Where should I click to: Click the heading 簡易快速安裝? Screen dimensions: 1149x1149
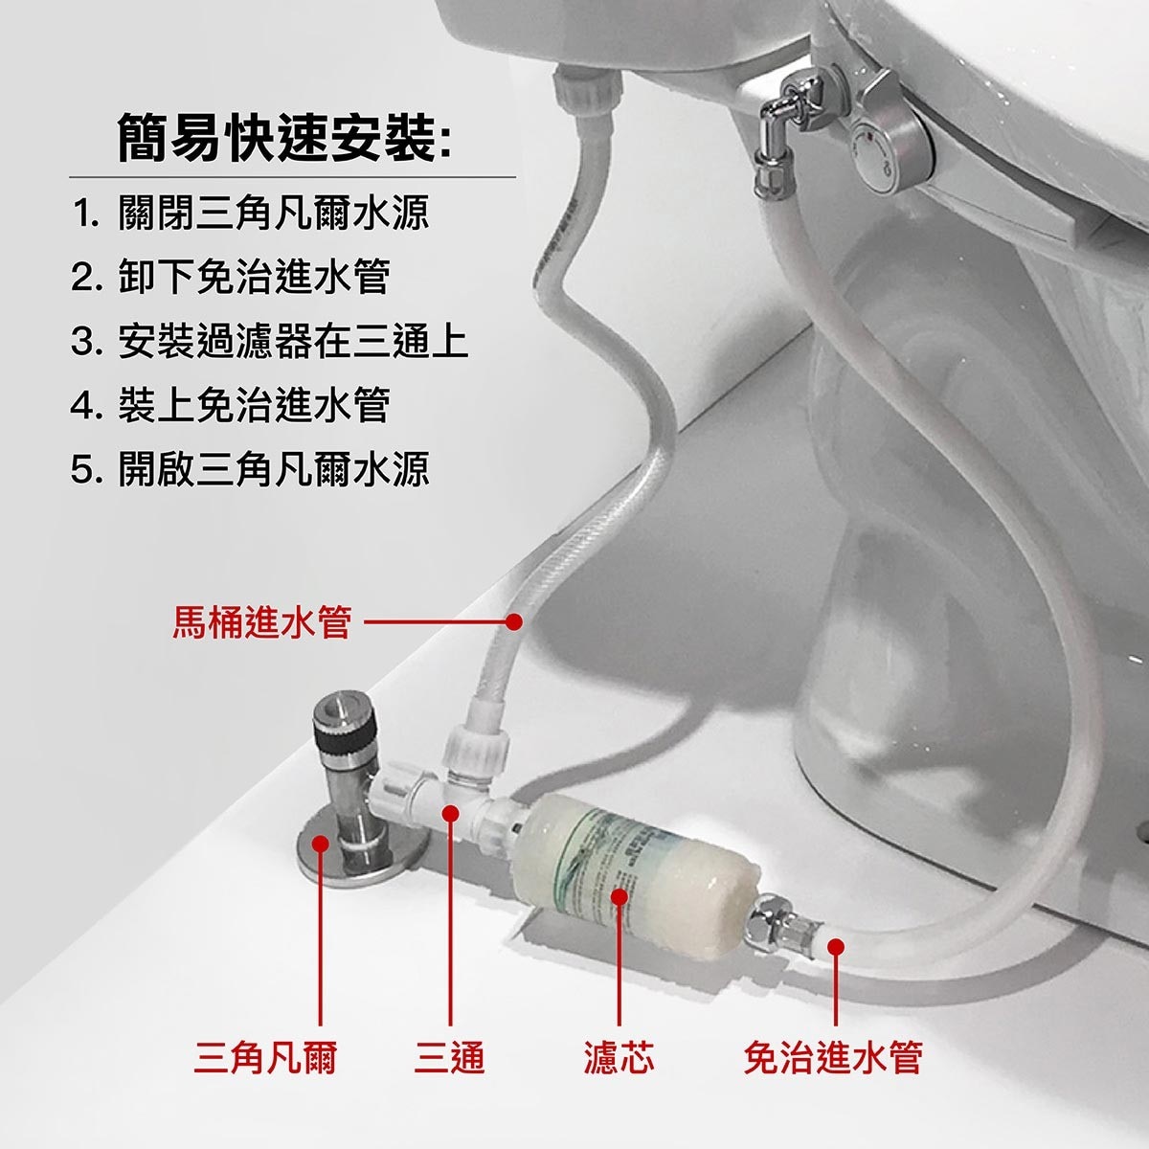tap(277, 138)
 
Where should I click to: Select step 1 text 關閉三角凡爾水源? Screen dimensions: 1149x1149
tap(273, 213)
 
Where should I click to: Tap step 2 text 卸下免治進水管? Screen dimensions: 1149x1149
tap(254, 277)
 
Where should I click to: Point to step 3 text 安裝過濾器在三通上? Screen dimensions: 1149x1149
tap(293, 341)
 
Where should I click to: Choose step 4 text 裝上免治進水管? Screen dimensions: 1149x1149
tap(254, 405)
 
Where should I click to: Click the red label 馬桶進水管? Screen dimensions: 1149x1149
tap(261, 622)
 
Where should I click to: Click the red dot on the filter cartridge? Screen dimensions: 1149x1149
tap(620, 897)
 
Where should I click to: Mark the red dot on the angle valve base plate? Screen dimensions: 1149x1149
tap(321, 844)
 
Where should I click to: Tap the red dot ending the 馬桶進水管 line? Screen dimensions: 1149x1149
tap(513, 622)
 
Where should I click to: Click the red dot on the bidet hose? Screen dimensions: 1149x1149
tap(836, 947)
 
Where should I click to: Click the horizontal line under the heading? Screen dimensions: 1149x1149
tap(292, 177)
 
